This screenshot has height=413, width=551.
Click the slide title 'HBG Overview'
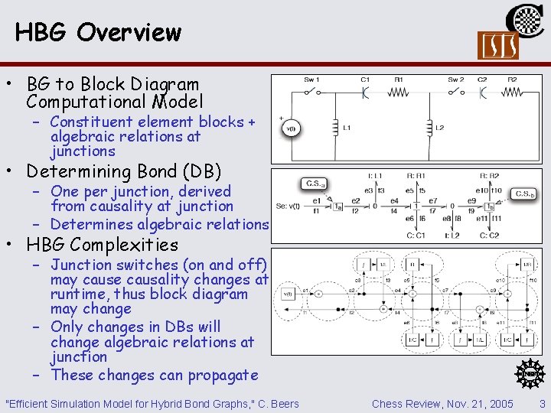[x=98, y=32]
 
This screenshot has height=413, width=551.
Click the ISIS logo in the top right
[x=497, y=45]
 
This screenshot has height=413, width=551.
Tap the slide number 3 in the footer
[x=542, y=403]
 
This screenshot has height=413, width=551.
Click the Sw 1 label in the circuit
[x=312, y=80]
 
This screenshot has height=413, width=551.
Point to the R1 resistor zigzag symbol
[x=399, y=93]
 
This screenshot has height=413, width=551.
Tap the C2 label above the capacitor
[x=482, y=80]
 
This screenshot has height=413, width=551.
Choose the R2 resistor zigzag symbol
[x=510, y=93]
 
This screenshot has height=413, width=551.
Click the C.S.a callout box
[x=314, y=184]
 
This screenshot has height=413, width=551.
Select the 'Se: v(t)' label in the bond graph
[x=292, y=206]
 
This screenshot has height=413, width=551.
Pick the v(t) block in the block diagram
[x=288, y=294]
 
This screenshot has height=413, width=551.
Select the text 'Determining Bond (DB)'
[x=123, y=171]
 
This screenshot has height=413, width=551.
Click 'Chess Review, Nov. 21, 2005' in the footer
[x=442, y=403]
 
